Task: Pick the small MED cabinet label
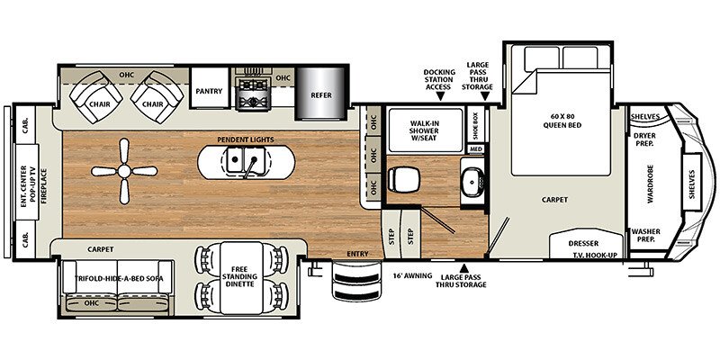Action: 474,149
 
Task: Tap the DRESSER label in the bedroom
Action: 587,243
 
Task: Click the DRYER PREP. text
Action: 643,139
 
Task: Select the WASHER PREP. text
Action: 644,235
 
